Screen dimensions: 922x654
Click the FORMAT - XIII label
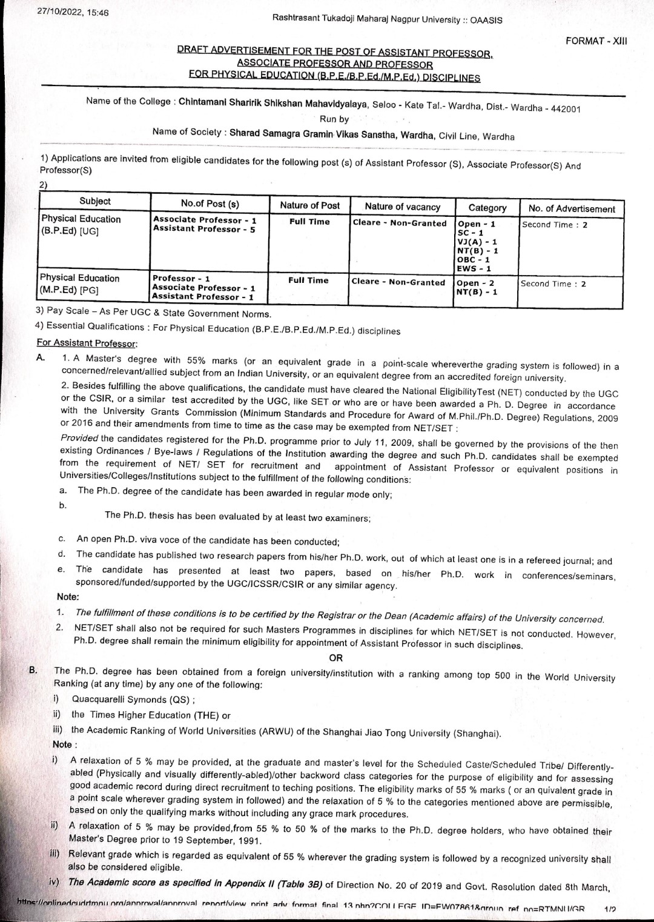click(596, 41)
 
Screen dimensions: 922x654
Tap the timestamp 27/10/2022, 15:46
click(73, 12)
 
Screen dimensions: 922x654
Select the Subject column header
click(95, 201)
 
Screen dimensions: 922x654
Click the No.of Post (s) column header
click(210, 204)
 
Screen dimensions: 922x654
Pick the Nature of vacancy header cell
click(403, 207)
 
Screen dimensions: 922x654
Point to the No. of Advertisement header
click(571, 208)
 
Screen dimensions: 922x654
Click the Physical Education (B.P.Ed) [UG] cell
click(81, 225)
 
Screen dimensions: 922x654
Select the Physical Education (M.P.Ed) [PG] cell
click(79, 284)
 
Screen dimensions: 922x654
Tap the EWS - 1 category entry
click(474, 268)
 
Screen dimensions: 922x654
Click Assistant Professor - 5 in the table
click(204, 229)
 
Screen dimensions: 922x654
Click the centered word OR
click(335, 658)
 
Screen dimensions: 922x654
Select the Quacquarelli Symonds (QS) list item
click(133, 700)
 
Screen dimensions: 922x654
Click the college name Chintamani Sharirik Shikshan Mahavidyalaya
click(273, 103)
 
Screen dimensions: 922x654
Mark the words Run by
click(334, 119)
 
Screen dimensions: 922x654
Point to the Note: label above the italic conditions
click(68, 597)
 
